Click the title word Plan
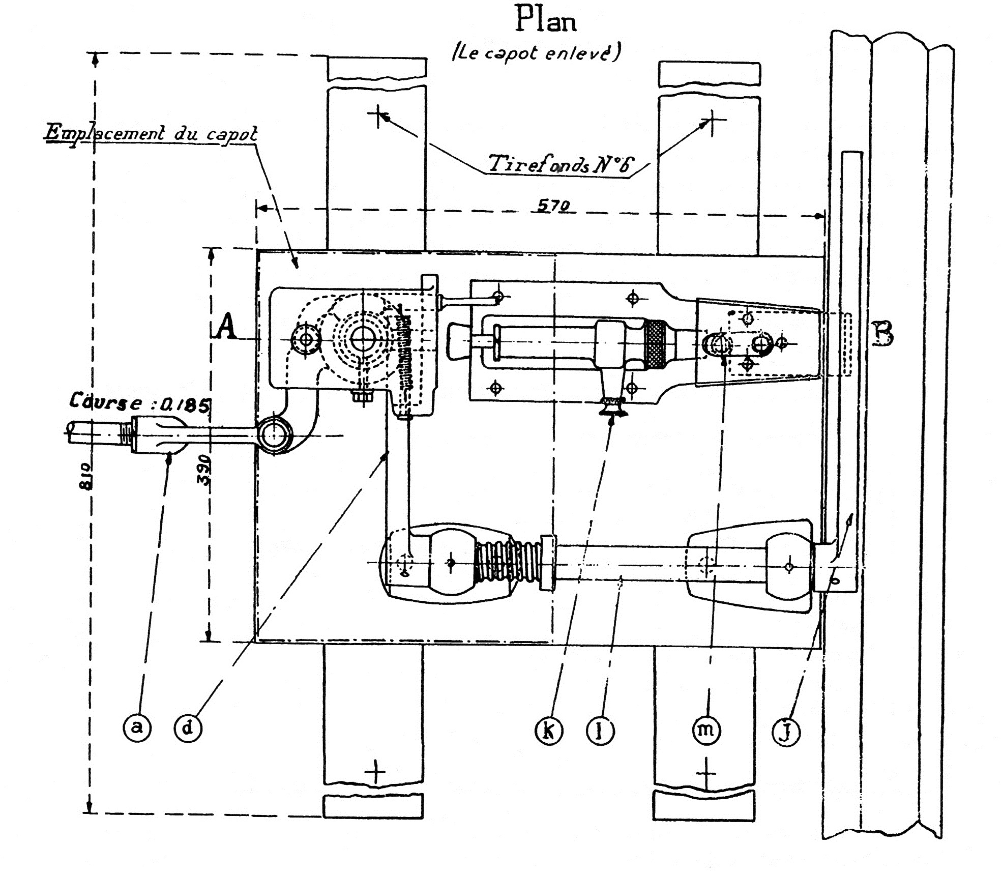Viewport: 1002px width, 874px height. tap(546, 20)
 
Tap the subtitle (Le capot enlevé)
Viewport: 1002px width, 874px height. tap(536, 53)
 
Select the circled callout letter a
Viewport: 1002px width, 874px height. tap(137, 728)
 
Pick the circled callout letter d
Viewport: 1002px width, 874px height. tap(188, 728)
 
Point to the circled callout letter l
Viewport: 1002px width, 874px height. tap(601, 732)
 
